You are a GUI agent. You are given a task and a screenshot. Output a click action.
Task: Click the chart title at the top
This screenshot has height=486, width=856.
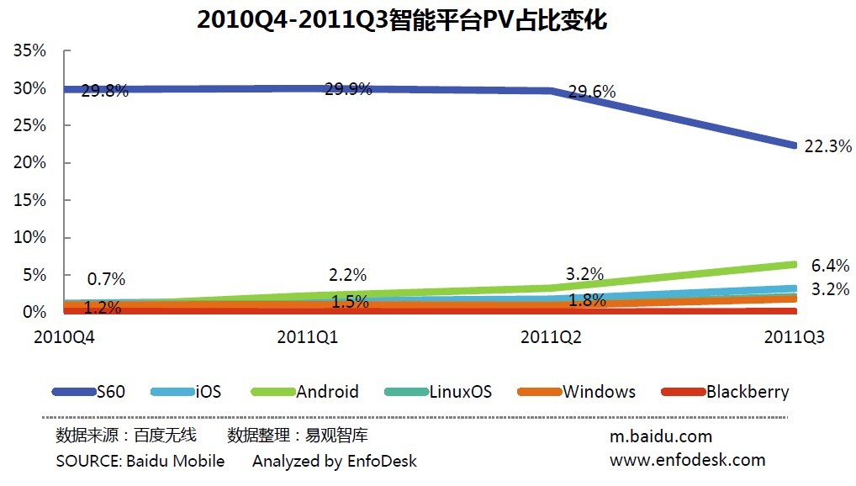[x=402, y=20]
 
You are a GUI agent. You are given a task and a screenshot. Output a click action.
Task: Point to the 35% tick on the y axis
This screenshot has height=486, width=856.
[x=30, y=51]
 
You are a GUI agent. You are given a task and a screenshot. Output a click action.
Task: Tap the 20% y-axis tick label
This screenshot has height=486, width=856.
[x=30, y=163]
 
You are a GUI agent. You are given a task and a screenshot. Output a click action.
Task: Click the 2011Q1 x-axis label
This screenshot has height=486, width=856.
[x=308, y=337]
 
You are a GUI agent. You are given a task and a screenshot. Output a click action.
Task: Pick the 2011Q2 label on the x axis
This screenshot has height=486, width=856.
[x=552, y=337]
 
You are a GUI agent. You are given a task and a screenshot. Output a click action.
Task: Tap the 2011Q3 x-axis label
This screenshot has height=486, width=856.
[x=795, y=337]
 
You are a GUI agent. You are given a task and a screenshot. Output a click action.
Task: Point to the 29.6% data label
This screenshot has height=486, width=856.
[x=592, y=92]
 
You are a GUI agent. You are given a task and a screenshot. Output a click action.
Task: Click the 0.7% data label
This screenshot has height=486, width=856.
[x=106, y=279]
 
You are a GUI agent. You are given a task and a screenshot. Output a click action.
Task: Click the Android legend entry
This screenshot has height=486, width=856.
[x=327, y=392]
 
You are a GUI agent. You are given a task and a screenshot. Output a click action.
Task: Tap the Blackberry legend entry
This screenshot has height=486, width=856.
[x=748, y=392]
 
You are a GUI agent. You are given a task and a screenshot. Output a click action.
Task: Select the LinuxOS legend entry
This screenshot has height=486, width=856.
[x=460, y=392]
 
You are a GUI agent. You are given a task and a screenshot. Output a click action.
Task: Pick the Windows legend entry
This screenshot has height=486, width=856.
[x=599, y=392]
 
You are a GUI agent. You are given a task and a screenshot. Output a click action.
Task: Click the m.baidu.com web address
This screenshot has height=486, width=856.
[x=661, y=436]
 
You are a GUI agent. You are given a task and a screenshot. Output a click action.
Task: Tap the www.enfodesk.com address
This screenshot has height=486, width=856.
[x=687, y=459]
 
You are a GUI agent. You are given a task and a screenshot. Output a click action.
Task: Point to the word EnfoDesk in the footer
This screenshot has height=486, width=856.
[x=382, y=461]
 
